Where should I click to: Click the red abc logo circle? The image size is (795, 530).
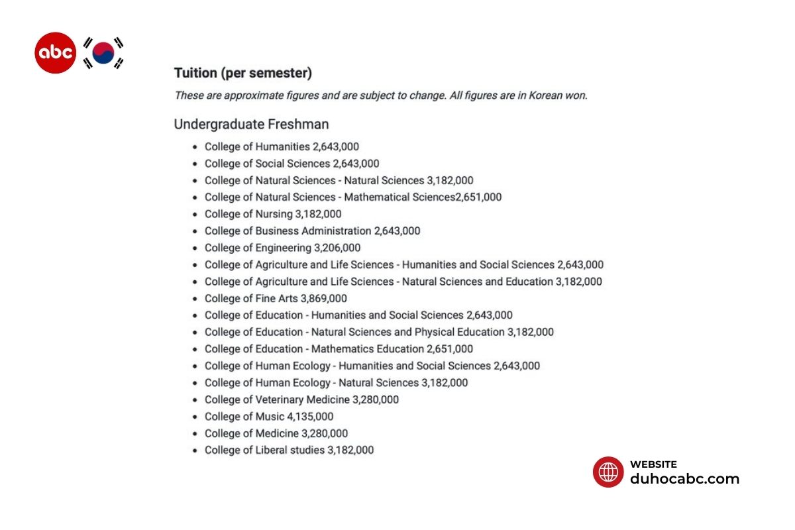[55, 52]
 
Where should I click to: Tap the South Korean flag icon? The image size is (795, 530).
[103, 53]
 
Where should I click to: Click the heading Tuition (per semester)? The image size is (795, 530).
[242, 73]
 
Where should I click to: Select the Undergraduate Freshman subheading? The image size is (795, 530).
[251, 124]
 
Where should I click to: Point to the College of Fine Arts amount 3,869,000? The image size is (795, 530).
[323, 299]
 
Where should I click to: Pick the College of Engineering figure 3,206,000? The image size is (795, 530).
[337, 248]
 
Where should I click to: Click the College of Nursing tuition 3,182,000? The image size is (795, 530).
[318, 214]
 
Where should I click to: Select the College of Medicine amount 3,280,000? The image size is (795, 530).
[325, 433]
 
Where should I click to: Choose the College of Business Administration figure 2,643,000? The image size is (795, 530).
[397, 231]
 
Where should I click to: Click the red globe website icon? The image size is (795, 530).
[608, 472]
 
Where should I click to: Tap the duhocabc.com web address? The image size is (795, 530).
[684, 479]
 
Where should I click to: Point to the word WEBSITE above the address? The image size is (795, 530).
[653, 464]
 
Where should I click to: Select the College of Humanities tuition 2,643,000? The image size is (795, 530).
[336, 146]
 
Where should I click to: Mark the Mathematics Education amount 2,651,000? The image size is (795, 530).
[450, 349]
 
